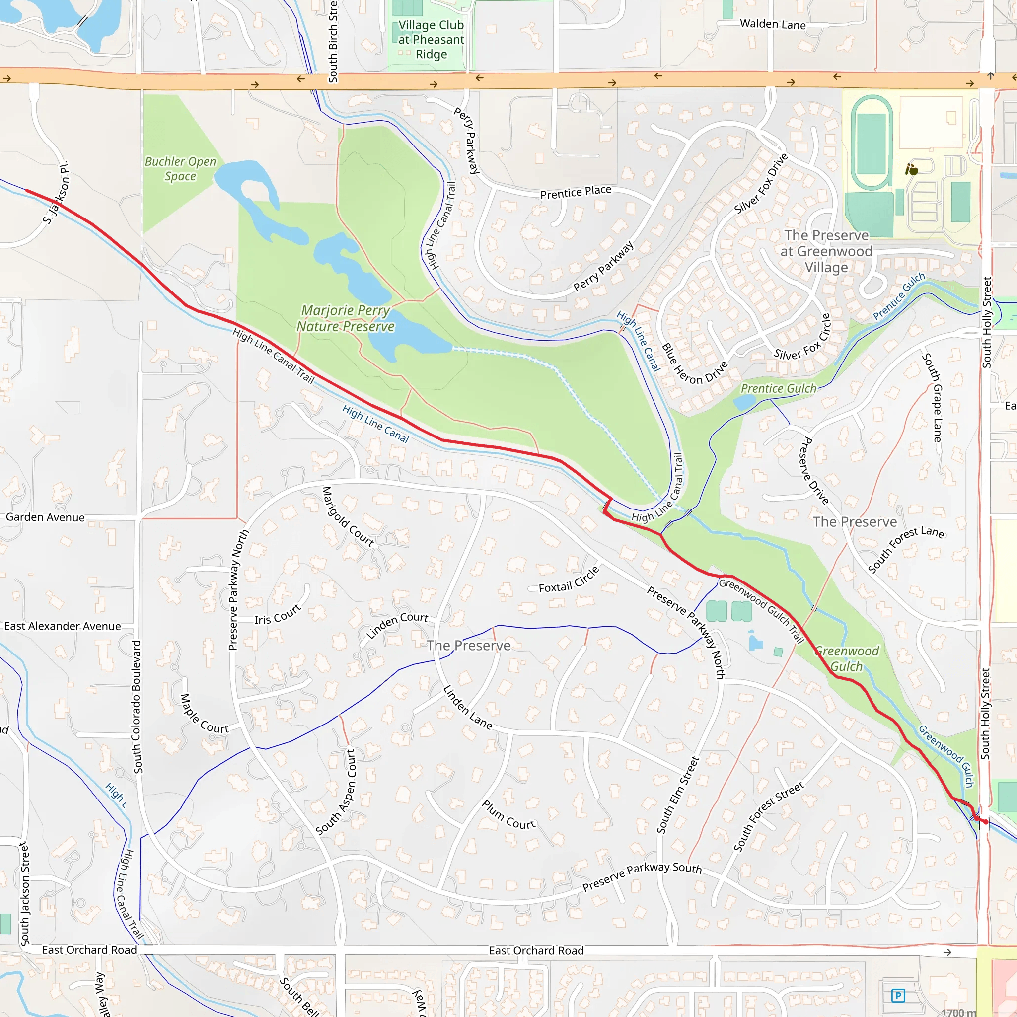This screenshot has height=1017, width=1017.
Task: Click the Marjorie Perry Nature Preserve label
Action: (345, 318)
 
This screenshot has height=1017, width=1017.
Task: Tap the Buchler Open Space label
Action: (180, 169)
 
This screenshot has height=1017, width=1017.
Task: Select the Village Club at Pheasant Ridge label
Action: (431, 40)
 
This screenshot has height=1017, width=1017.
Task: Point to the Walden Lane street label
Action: (772, 24)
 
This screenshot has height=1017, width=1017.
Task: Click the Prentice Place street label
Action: (576, 192)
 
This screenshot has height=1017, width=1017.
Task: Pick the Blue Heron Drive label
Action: (694, 365)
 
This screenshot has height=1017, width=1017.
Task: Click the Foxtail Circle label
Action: (569, 580)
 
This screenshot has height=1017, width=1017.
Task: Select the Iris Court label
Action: (278, 614)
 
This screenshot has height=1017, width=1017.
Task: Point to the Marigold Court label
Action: (348, 516)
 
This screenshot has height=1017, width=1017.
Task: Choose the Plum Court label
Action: (508, 815)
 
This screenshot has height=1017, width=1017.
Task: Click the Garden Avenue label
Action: (45, 517)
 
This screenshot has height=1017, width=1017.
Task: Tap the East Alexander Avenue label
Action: (63, 626)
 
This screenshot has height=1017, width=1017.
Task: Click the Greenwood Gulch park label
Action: (847, 658)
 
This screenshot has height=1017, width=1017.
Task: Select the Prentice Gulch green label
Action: (779, 388)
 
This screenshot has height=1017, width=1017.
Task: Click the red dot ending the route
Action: (985, 822)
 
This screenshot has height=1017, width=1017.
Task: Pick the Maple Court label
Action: (204, 714)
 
